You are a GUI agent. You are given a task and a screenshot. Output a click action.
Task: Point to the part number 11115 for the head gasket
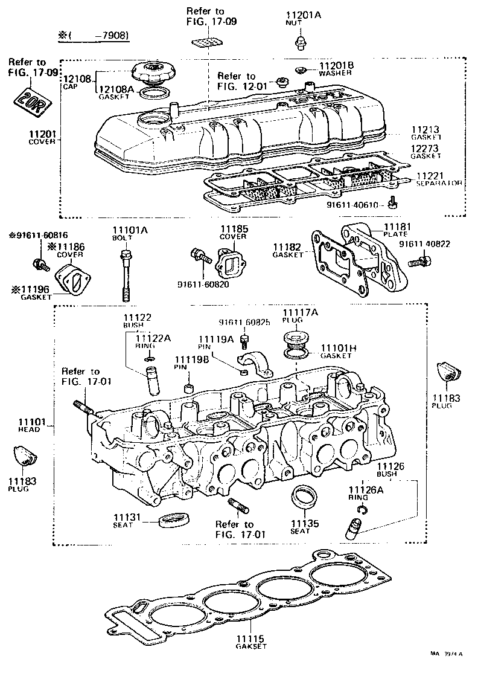(x=247, y=639)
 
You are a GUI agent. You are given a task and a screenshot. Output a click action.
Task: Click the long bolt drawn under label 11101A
(x=125, y=275)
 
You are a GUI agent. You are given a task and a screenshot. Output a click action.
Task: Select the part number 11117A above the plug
(x=299, y=312)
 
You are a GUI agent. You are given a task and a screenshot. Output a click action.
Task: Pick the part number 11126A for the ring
(x=362, y=489)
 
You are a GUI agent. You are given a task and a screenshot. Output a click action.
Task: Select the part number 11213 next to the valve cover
(x=425, y=129)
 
